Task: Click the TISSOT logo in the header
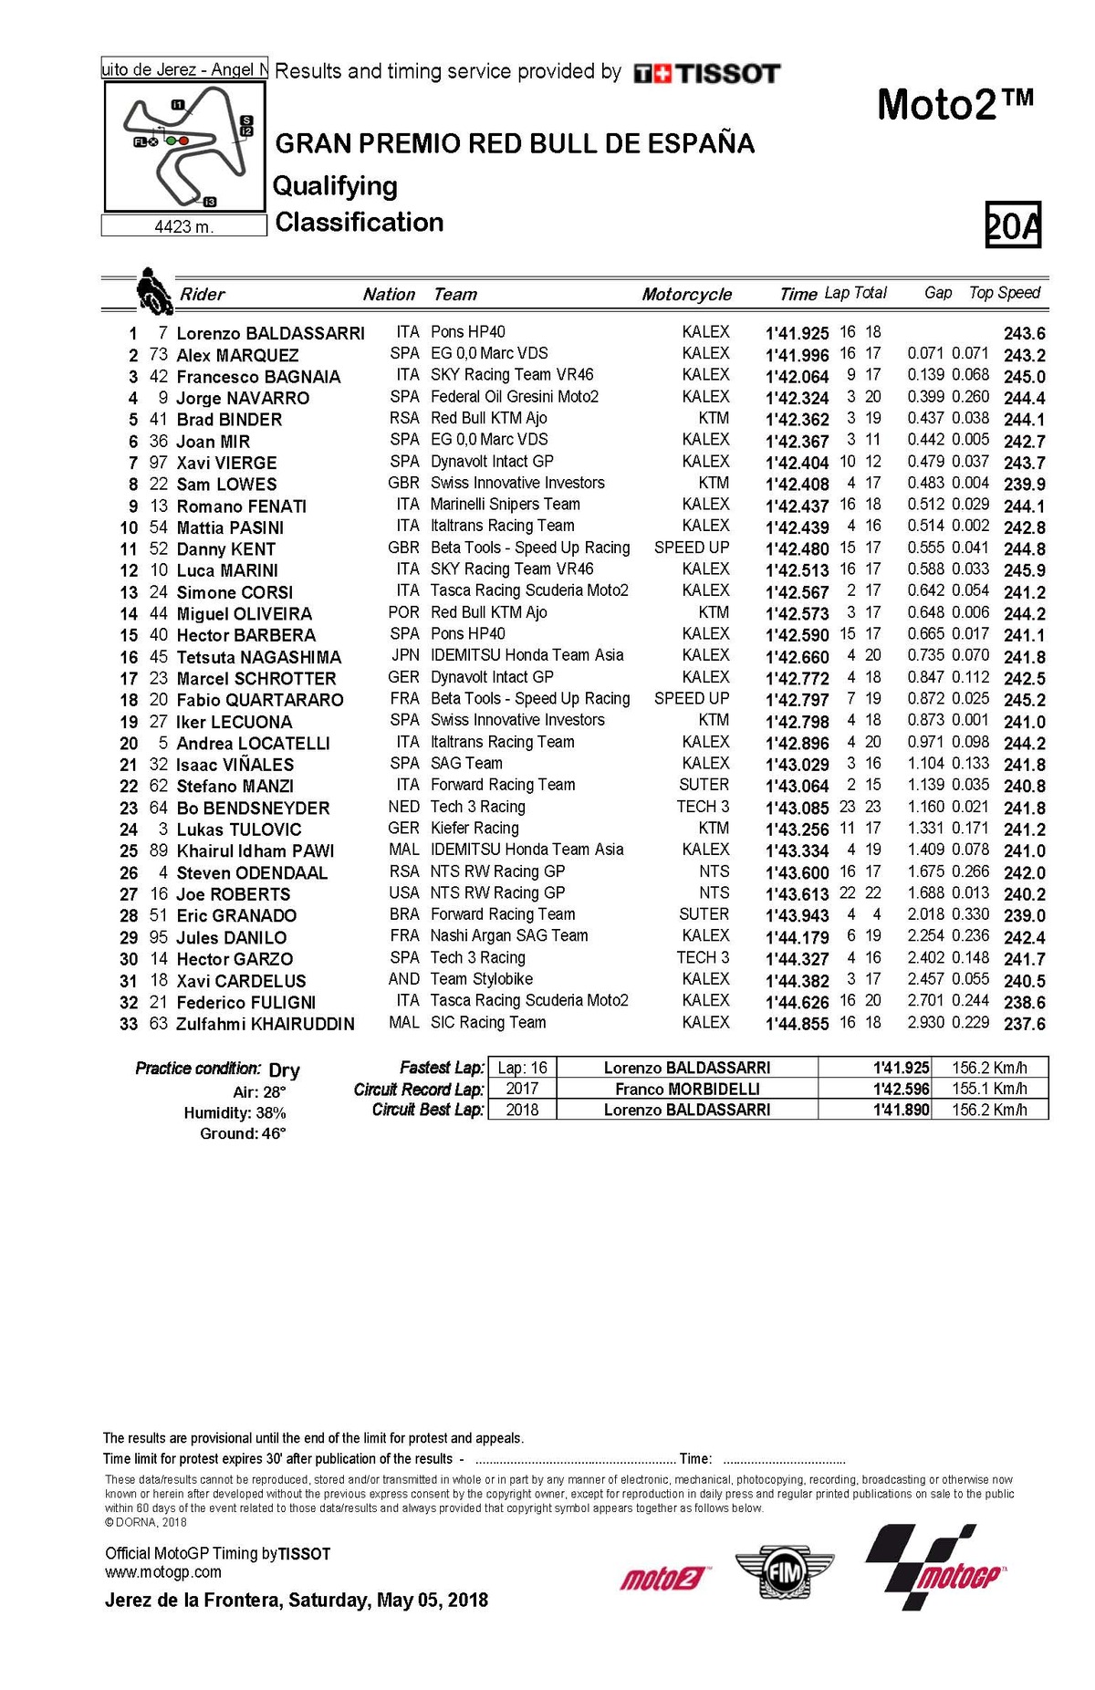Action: pyautogui.click(x=707, y=73)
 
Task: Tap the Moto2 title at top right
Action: pyautogui.click(x=954, y=105)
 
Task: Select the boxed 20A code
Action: pyautogui.click(x=1013, y=225)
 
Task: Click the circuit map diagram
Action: pyautogui.click(x=184, y=146)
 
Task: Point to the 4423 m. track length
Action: pyautogui.click(x=183, y=226)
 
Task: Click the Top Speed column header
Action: pyautogui.click(x=1004, y=293)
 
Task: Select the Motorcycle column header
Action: pyautogui.click(x=686, y=294)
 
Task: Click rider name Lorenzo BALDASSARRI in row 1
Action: pyautogui.click(x=270, y=333)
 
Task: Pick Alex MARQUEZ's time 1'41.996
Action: pyautogui.click(x=797, y=355)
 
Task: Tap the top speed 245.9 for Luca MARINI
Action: pyautogui.click(x=1024, y=570)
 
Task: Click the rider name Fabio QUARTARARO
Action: pyautogui.click(x=259, y=700)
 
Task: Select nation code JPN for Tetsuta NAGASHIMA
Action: pyautogui.click(x=405, y=655)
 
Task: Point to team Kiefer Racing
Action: pyautogui.click(x=474, y=829)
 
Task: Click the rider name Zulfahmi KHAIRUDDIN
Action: pyautogui.click(x=265, y=1024)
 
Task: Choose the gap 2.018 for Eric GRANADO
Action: pyautogui.click(x=925, y=914)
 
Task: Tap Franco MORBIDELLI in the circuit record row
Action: pyautogui.click(x=687, y=1089)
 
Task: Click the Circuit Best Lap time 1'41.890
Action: pyautogui.click(x=901, y=1110)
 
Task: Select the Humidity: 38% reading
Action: pyautogui.click(x=235, y=1113)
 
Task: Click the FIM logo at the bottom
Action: pyautogui.click(x=784, y=1571)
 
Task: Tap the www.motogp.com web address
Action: pyautogui.click(x=163, y=1572)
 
